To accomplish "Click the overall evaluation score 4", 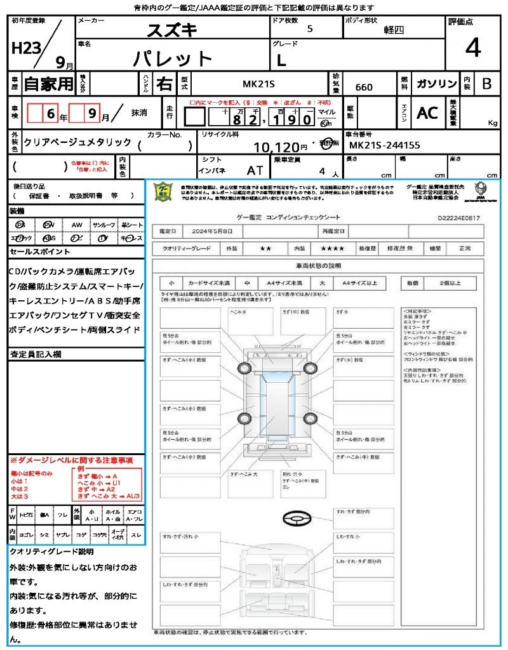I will (x=473, y=49).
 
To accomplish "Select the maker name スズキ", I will (x=172, y=30).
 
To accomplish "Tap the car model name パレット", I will (x=173, y=59).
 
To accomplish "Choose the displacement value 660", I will (x=364, y=87).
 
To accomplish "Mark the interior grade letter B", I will (x=486, y=84).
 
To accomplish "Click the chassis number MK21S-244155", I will (x=385, y=145).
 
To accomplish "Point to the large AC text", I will (x=427, y=113).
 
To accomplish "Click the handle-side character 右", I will (x=164, y=84).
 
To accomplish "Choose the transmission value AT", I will (x=255, y=170).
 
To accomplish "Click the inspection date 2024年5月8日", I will (x=215, y=231).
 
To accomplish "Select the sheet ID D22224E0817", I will (x=458, y=218).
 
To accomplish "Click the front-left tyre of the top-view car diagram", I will (x=244, y=369).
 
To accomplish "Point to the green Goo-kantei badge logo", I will (x=164, y=191).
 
